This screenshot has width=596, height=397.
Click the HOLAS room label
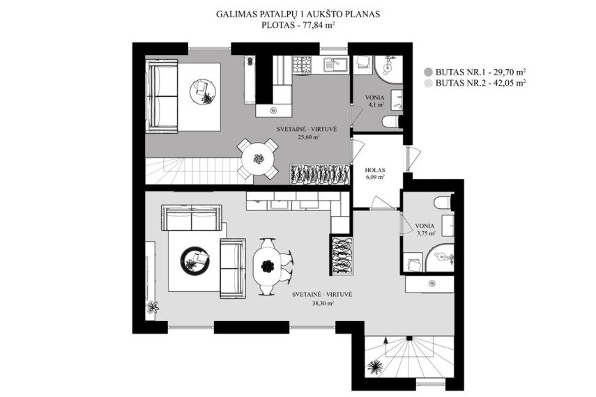pos(375,170)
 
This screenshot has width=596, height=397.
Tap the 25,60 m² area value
pos(309,137)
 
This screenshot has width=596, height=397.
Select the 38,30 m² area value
pos(323,303)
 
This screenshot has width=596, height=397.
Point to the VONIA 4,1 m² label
pos(374,101)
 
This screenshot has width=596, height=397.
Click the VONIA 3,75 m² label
pos(425,230)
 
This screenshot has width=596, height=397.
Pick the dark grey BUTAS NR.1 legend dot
pos(429,72)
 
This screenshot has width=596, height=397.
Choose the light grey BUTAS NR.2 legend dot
pos(429,83)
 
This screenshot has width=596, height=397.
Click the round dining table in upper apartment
pos(259,159)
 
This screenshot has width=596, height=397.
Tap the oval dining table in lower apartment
pos(268,265)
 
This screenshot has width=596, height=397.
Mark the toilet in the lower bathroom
pos(443,203)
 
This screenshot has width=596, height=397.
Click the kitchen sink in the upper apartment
pos(335,64)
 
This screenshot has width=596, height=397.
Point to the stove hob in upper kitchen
pos(302,64)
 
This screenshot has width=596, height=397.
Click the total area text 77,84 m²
pos(314,26)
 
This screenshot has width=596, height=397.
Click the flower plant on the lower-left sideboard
pos(153,307)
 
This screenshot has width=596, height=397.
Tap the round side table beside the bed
pos(203,91)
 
